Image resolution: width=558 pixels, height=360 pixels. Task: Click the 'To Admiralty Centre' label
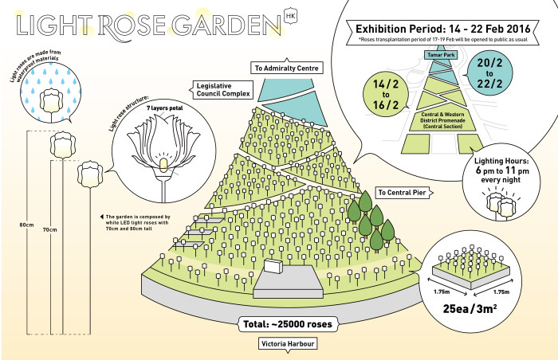[287, 68]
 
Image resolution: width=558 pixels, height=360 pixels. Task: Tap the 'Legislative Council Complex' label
[222, 90]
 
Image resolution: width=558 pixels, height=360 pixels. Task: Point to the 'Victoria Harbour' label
[288, 344]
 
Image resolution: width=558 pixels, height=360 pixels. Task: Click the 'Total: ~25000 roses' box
[288, 324]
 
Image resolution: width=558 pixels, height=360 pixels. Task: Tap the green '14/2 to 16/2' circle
[386, 94]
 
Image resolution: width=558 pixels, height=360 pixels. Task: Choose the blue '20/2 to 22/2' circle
[489, 73]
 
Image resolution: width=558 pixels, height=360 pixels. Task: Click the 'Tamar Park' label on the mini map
[442, 55]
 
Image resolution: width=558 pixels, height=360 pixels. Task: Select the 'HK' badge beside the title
[291, 17]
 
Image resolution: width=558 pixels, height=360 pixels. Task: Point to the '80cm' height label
[26, 225]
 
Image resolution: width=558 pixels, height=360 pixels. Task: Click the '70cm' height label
[49, 230]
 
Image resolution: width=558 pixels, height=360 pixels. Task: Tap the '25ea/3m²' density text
[470, 309]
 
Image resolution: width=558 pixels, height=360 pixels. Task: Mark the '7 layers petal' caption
[164, 108]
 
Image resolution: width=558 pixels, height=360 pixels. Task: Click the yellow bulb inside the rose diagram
[163, 165]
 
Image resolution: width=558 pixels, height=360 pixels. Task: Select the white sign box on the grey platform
[273, 266]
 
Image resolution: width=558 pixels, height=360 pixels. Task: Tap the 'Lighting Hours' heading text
[501, 161]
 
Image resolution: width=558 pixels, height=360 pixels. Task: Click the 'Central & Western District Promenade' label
[442, 120]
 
